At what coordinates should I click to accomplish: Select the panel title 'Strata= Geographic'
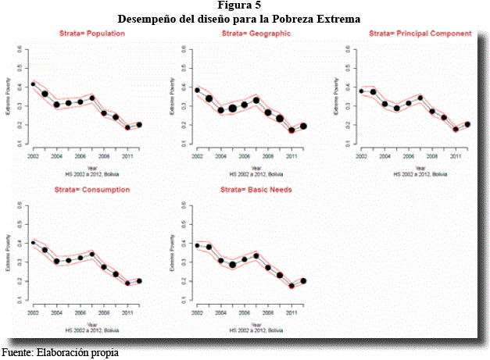point(256,34)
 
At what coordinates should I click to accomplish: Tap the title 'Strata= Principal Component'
point(420,34)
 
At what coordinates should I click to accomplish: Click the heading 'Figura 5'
point(245,5)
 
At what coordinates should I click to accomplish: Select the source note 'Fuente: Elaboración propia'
point(60,352)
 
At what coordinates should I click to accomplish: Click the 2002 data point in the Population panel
point(33,84)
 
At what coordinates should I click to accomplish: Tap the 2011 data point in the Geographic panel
point(291,130)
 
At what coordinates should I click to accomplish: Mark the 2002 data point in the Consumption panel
point(33,242)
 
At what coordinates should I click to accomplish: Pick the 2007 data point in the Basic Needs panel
point(256,256)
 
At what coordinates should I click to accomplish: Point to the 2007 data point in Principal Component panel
point(420,98)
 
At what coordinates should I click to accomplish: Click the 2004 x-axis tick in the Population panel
point(57,155)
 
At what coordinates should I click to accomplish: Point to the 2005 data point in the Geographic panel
point(232,109)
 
